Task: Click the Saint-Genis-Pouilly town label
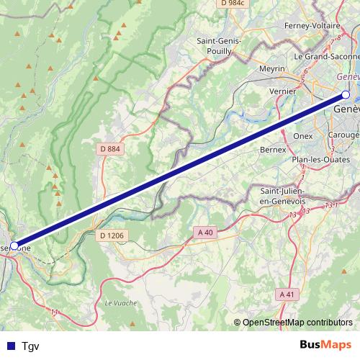point(220,47)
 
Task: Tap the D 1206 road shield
point(112,235)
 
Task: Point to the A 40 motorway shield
point(205,232)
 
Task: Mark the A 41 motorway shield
point(287,294)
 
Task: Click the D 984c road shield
point(233,3)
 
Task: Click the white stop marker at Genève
point(346,95)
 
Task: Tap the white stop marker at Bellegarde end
point(14,246)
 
